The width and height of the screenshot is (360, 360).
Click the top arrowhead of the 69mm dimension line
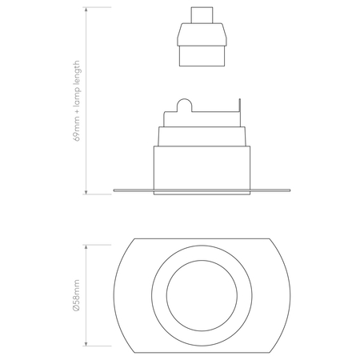pos(86,10)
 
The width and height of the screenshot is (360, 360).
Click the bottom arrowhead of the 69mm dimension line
pos(86,191)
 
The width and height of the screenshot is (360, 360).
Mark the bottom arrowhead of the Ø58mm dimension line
pos(86,343)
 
